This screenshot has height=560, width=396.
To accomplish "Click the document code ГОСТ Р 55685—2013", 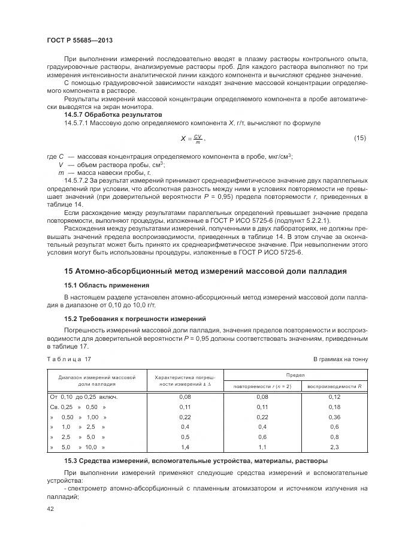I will [x=80, y=40].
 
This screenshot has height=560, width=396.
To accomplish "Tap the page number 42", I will [x=50, y=508].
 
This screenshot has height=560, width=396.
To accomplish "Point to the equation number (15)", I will [x=359, y=138].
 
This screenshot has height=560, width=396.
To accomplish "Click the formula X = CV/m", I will [x=192, y=139].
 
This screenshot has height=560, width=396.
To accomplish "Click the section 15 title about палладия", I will [x=205, y=271].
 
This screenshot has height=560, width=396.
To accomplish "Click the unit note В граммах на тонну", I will [x=340, y=359].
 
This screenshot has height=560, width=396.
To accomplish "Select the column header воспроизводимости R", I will [x=334, y=386].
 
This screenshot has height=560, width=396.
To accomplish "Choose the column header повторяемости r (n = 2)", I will [x=262, y=386].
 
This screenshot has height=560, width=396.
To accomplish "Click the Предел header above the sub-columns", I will [x=298, y=374].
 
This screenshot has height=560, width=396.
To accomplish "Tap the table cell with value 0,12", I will [x=334, y=396].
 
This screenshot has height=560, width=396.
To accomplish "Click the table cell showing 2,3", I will [x=334, y=447].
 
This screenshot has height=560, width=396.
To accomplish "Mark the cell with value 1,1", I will [x=262, y=447].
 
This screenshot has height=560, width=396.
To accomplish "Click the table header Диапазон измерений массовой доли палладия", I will [x=96, y=380].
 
